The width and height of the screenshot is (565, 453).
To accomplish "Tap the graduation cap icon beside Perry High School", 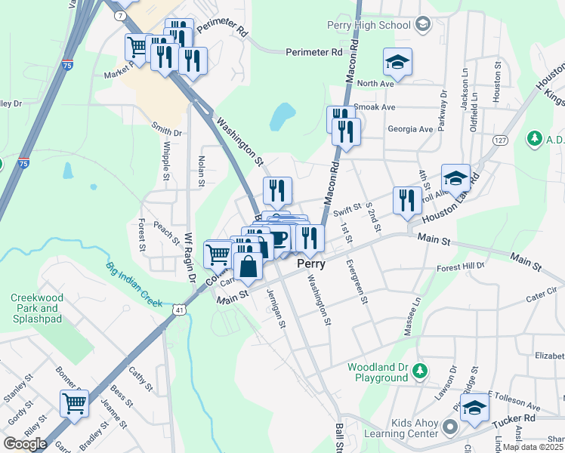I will [x=423, y=25].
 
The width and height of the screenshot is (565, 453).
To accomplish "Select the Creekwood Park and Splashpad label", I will [x=36, y=308].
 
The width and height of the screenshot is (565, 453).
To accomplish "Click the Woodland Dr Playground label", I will [x=378, y=372].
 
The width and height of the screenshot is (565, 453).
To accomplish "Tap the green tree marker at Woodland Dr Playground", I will [x=421, y=371].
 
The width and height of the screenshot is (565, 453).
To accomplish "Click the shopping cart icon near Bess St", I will [x=74, y=404].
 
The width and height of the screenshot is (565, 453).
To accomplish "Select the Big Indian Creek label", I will [x=134, y=284].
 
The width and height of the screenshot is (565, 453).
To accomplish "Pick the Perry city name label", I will [x=310, y=264].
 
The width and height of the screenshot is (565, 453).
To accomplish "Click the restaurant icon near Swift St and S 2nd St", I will [x=407, y=200].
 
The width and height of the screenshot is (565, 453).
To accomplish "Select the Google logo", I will [x=25, y=443].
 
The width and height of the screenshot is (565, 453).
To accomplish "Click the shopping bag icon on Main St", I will [x=249, y=266].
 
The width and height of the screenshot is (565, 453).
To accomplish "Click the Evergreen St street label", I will [x=357, y=282].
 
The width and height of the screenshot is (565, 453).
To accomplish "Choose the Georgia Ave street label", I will [x=410, y=129].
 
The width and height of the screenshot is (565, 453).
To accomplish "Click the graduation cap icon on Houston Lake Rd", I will [x=455, y=178].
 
